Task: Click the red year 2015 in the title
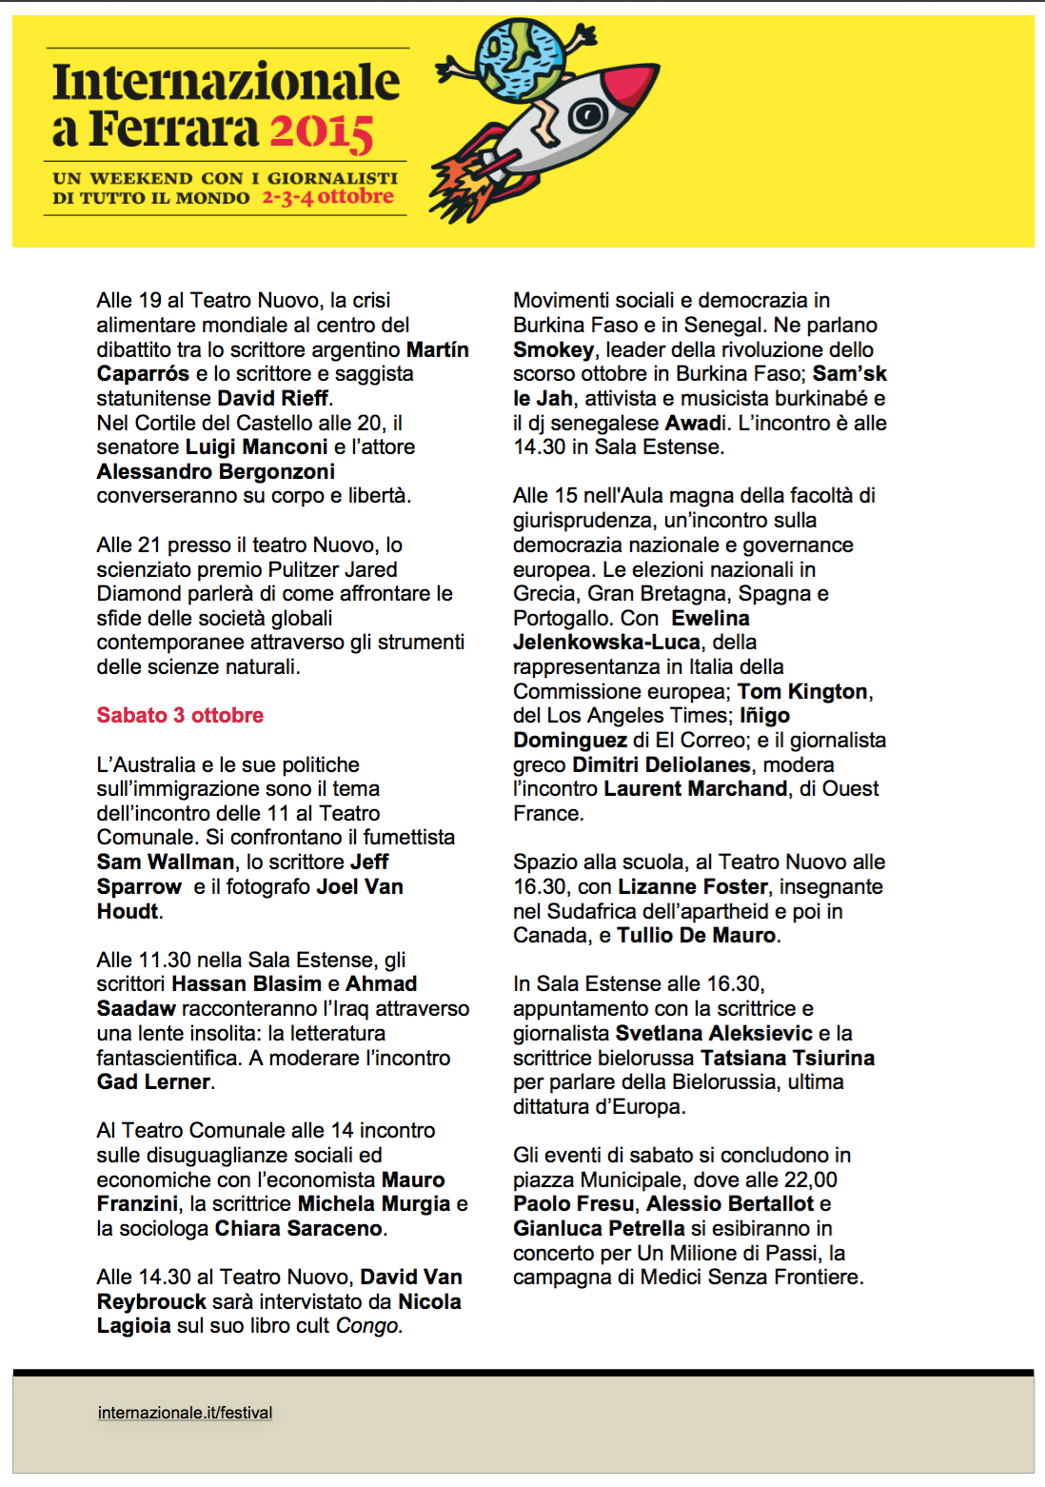(321, 131)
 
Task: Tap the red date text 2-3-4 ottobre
(327, 197)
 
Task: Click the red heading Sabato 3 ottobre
(180, 715)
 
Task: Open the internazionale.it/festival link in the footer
(185, 1413)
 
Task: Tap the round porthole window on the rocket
(587, 116)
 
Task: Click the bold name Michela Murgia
(374, 1203)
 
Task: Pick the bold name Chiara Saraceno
(298, 1228)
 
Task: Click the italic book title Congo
(367, 1325)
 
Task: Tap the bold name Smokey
(553, 349)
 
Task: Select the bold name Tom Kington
(802, 691)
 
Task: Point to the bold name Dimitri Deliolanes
(661, 764)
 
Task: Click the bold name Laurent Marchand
(696, 788)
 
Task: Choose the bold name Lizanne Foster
(693, 886)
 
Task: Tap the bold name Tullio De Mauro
(696, 935)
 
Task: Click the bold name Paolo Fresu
(573, 1203)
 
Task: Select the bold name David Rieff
(272, 398)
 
